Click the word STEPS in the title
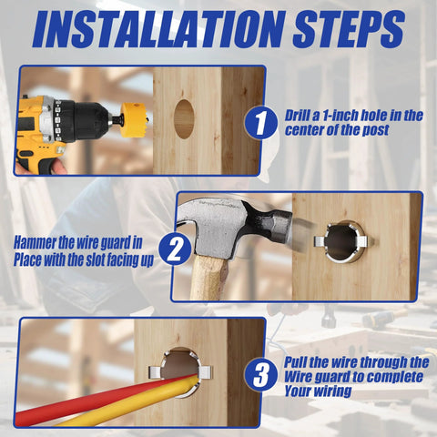[342, 30]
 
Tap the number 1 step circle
[264, 123]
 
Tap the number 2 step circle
[172, 249]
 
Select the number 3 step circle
[264, 374]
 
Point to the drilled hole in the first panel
[184, 118]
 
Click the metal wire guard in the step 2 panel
[342, 242]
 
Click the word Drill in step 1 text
[300, 116]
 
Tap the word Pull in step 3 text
[300, 362]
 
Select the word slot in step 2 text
[109, 258]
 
